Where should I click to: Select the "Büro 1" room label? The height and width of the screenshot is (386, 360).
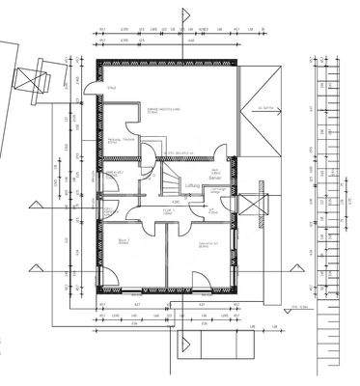click(x=124, y=241)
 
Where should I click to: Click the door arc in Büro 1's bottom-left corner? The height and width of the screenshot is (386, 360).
click(x=110, y=281)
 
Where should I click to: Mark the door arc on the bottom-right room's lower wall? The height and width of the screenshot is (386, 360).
click(x=202, y=281)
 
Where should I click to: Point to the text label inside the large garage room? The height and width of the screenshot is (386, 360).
click(x=158, y=114)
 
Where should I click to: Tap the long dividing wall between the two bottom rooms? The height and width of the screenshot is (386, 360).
click(x=165, y=256)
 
